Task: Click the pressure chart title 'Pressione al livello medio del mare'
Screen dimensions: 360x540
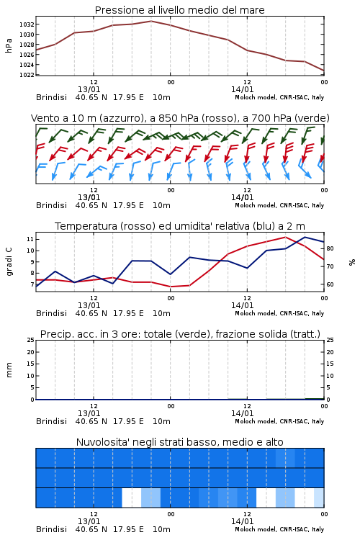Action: [179, 10]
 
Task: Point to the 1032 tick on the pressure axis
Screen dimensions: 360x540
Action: [27, 24]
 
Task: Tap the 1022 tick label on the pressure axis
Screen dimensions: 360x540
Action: [27, 75]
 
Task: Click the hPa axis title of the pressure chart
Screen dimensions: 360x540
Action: [9, 46]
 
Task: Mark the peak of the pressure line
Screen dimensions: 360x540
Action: [151, 21]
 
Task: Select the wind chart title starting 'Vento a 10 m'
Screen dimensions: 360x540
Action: [180, 118]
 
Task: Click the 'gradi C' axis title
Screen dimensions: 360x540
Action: [9, 262]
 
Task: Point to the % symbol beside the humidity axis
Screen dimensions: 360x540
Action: [352, 262]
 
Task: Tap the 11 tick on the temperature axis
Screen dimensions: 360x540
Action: [30, 239]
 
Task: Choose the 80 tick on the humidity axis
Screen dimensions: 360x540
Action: [330, 248]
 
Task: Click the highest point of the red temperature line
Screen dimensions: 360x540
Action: [285, 237]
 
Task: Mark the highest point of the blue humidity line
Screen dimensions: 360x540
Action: [305, 237]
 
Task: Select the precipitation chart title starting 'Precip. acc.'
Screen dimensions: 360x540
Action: [180, 334]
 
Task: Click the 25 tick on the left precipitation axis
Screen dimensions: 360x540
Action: [30, 340]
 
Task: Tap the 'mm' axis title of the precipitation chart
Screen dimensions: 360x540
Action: [9, 370]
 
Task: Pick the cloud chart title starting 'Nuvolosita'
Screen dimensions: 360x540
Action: [179, 442]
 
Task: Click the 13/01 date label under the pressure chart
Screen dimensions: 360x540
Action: [89, 89]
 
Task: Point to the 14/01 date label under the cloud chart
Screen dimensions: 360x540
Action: [242, 521]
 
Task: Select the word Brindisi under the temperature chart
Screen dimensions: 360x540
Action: [51, 313]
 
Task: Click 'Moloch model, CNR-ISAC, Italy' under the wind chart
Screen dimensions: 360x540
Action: [279, 206]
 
